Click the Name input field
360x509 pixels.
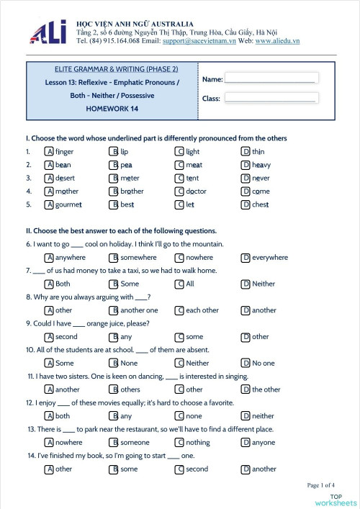[270, 78]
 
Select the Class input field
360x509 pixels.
[270, 98]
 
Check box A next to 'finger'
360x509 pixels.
[49, 152]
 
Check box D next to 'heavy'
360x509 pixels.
[246, 165]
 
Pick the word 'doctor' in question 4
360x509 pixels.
[196, 192]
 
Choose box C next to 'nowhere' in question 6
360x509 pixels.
[179, 258]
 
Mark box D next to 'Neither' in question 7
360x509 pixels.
[246, 284]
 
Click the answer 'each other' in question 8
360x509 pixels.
[202, 310]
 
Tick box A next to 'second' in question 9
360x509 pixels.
[49, 337]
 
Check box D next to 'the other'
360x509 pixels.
[246, 389]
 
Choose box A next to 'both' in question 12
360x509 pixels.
[49, 416]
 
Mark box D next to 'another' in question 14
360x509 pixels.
[246, 469]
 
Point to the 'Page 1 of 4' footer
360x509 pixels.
[325, 485]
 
